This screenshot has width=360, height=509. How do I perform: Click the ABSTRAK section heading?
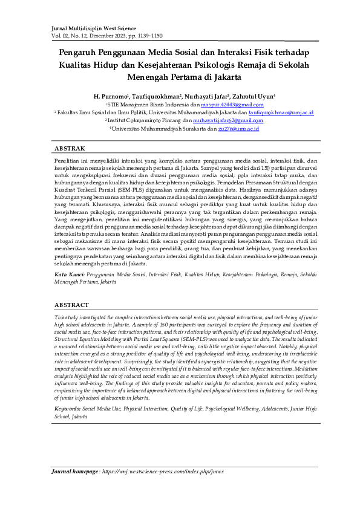point(70,148)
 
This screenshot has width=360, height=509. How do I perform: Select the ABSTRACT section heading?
point(72,305)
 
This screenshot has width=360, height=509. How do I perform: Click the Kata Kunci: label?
point(69,274)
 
